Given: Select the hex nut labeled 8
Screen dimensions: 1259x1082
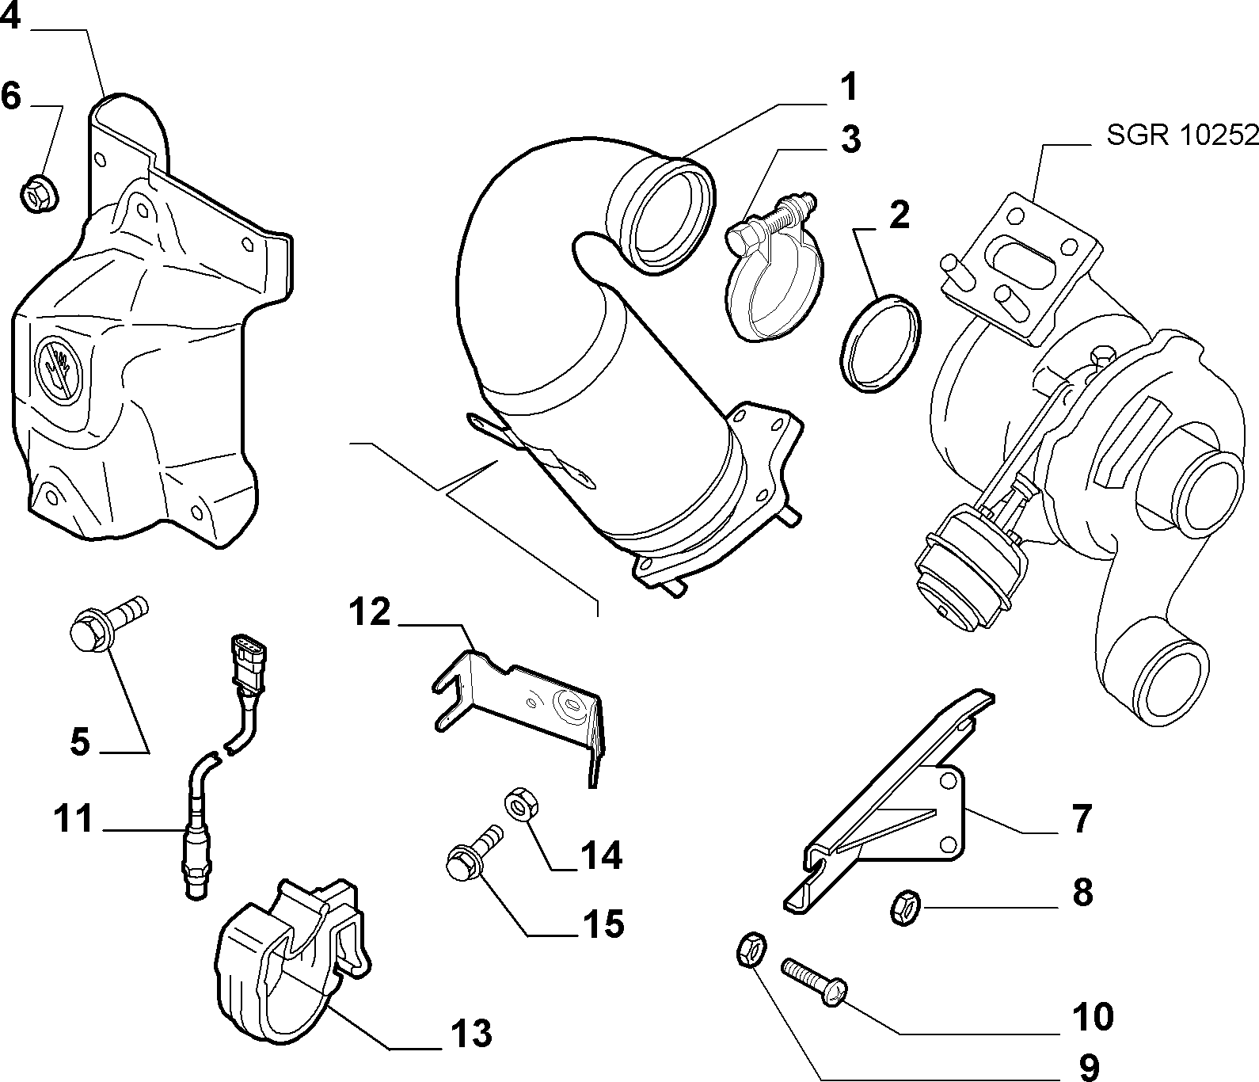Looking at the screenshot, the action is [903, 906].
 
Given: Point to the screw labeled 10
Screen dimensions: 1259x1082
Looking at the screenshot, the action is [815, 980].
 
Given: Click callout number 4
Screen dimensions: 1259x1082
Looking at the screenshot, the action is [10, 17].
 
